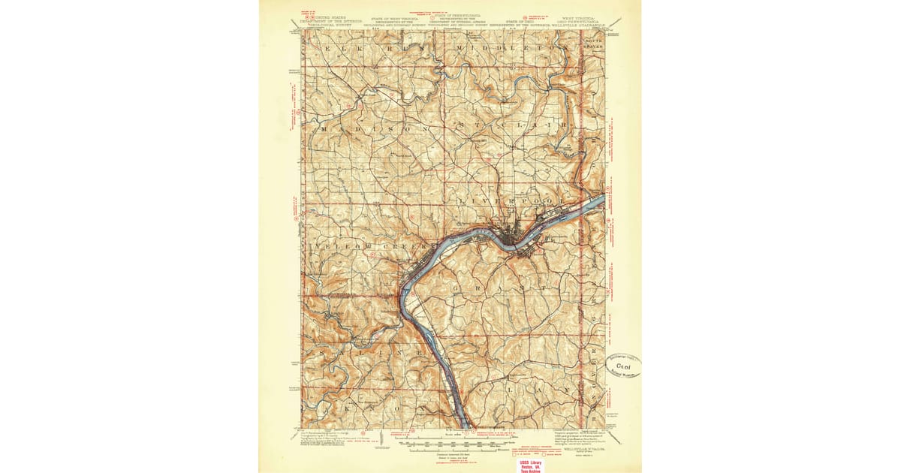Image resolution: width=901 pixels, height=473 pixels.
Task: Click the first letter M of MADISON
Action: (x=324, y=129)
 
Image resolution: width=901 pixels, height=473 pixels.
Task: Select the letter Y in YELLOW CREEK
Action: (x=321, y=246)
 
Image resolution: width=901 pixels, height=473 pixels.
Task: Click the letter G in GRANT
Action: (x=456, y=288)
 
